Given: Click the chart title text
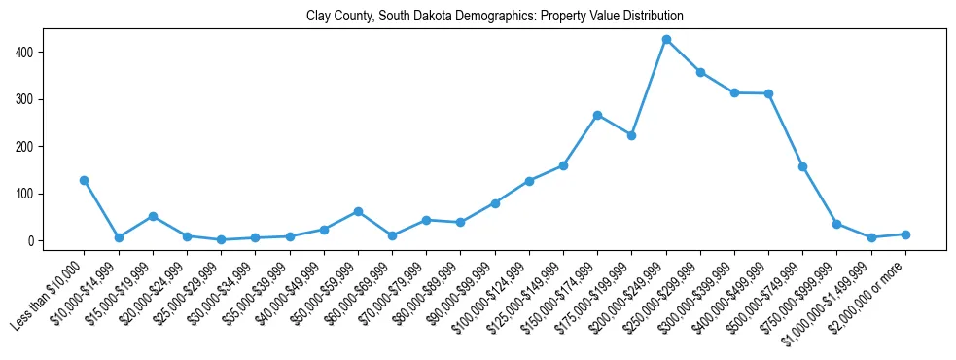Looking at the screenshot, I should click(x=495, y=17).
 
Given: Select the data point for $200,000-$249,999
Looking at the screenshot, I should click(x=666, y=40).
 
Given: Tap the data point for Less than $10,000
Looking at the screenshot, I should click(x=85, y=180).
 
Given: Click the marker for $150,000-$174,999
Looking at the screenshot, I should click(x=597, y=115).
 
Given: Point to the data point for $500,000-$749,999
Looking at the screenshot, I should click(x=802, y=166).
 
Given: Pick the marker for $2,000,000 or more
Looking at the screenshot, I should click(x=905, y=234).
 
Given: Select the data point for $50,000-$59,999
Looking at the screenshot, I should click(x=358, y=211).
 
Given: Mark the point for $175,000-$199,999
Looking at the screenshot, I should click(x=631, y=135).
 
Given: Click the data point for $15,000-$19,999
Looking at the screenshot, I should click(x=153, y=216).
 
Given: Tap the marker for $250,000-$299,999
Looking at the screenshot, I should click(x=700, y=72).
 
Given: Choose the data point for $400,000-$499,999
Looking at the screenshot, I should click(x=768, y=93).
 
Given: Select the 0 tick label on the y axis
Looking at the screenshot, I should click(x=32, y=240).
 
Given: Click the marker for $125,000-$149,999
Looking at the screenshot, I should click(x=563, y=165).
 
